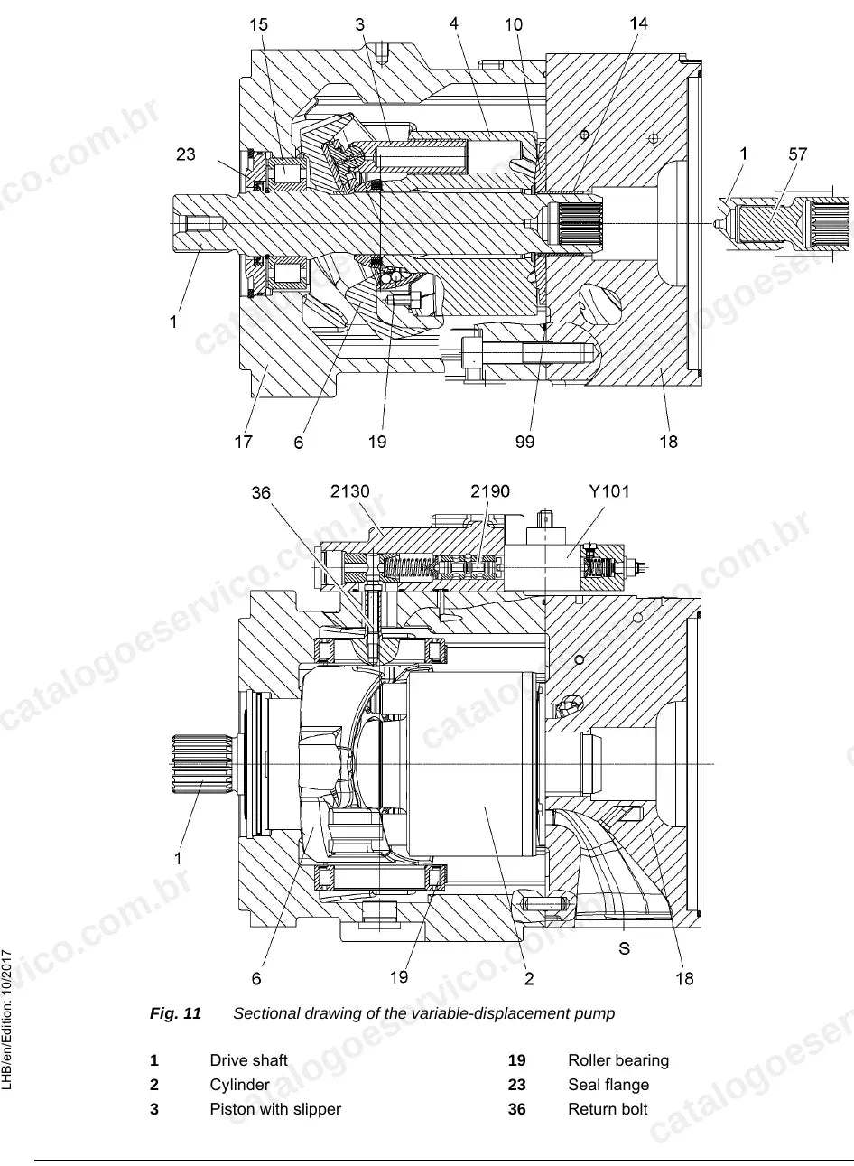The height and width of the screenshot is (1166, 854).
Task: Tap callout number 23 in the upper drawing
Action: tap(186, 154)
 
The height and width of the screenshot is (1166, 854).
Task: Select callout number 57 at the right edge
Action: tap(797, 154)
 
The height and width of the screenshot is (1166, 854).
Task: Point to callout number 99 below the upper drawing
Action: tap(524, 442)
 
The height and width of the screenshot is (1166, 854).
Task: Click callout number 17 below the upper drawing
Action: tap(243, 442)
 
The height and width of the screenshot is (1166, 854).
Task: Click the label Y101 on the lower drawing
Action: tap(608, 490)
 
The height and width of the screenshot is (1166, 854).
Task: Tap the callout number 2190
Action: tap(490, 490)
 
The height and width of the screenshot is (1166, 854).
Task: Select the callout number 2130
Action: tap(349, 490)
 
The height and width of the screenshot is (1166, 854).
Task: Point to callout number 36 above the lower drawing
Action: tap(261, 492)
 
